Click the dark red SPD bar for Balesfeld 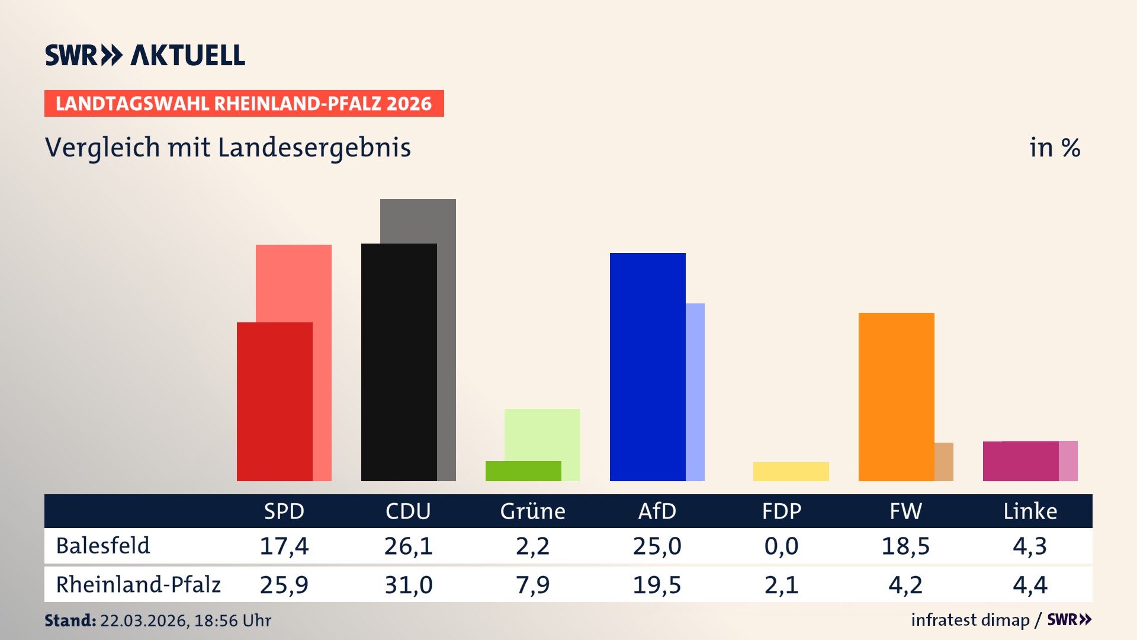click(x=274, y=402)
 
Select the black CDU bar click(x=399, y=362)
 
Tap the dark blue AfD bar click(x=647, y=367)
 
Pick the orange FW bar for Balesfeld click(x=896, y=396)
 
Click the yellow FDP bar click(x=791, y=472)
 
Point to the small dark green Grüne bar click(x=523, y=471)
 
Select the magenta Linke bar click(x=1020, y=461)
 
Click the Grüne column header click(x=532, y=511)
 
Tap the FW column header click(x=905, y=511)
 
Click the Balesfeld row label click(x=103, y=546)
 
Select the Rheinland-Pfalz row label click(x=138, y=585)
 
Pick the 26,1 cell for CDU click(x=408, y=546)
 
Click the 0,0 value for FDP click(x=781, y=546)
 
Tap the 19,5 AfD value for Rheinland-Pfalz click(x=657, y=585)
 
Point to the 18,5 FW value click(x=905, y=546)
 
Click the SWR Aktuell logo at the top click(x=145, y=55)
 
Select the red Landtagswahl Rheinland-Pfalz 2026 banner click(x=244, y=104)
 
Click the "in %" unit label click(x=1055, y=148)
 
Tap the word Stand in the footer click(x=70, y=620)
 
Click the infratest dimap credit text click(x=970, y=620)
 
